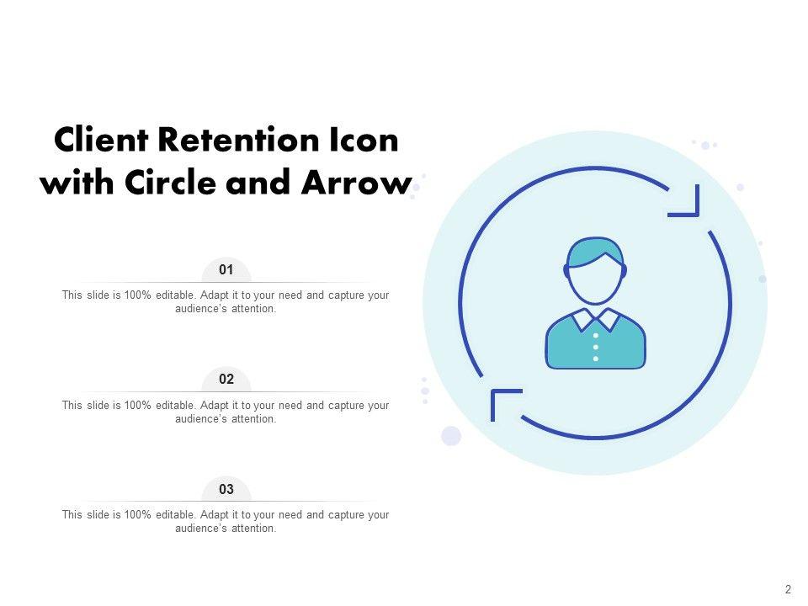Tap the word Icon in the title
pyautogui.click(x=366, y=141)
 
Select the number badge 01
pyautogui.click(x=226, y=270)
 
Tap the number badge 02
pyautogui.click(x=226, y=380)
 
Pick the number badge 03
pyautogui.click(x=226, y=489)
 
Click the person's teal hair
pyautogui.click(x=595, y=252)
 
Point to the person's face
pyautogui.click(x=595, y=282)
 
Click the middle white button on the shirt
pyautogui.click(x=596, y=347)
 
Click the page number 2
pyautogui.click(x=788, y=589)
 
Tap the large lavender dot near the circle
pyautogui.click(x=451, y=435)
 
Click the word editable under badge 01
pyautogui.click(x=176, y=295)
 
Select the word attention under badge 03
pyautogui.click(x=252, y=529)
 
